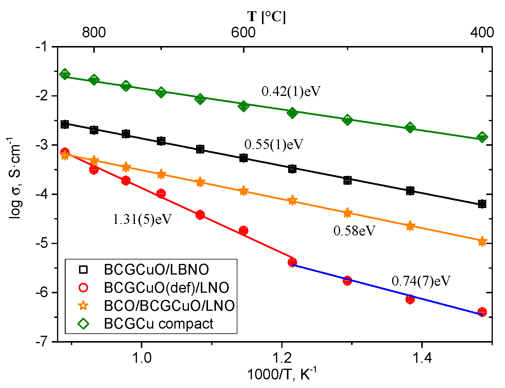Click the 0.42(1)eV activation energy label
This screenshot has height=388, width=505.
point(291,92)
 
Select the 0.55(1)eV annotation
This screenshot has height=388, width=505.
point(274,145)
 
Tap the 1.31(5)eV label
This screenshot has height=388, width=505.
point(142,220)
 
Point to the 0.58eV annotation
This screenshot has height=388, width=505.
point(354,231)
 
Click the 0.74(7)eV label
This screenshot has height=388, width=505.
point(421,281)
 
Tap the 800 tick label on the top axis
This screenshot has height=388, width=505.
point(94,32)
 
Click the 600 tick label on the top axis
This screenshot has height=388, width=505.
point(243,32)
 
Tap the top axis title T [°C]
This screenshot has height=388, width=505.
point(266,16)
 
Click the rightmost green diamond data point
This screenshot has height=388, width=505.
point(482,137)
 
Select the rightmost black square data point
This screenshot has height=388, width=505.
point(482,204)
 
